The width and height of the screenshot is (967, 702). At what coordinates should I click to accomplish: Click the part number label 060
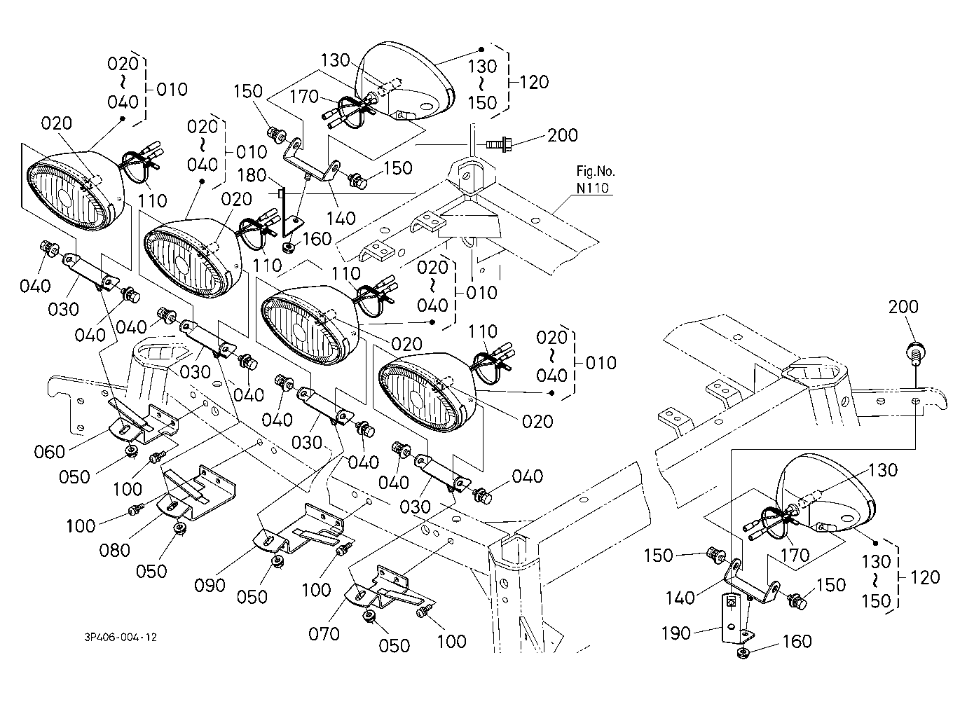coord(50,452)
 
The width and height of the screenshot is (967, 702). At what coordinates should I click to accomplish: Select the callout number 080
coord(114,551)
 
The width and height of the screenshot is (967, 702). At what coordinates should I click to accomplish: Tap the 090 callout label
coord(210,586)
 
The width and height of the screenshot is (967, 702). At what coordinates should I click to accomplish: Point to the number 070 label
coord(324,634)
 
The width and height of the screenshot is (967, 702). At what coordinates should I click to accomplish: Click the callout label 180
coord(252,175)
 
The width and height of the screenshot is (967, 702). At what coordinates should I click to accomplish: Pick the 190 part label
coord(676,633)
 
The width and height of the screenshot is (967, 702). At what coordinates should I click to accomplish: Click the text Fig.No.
coord(596,171)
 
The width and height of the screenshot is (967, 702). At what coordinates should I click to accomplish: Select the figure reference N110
coord(593,188)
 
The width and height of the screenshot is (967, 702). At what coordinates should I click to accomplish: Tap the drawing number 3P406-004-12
coord(121,638)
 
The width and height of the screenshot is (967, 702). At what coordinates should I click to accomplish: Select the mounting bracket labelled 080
coord(196,493)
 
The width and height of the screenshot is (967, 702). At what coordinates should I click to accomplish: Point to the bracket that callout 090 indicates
coord(302,529)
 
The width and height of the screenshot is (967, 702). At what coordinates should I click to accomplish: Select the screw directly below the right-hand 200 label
coord(914,352)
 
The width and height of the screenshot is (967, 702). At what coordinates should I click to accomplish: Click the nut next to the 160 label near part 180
coord(289,248)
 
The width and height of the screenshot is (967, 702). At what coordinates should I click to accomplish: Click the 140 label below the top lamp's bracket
coord(341,219)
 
